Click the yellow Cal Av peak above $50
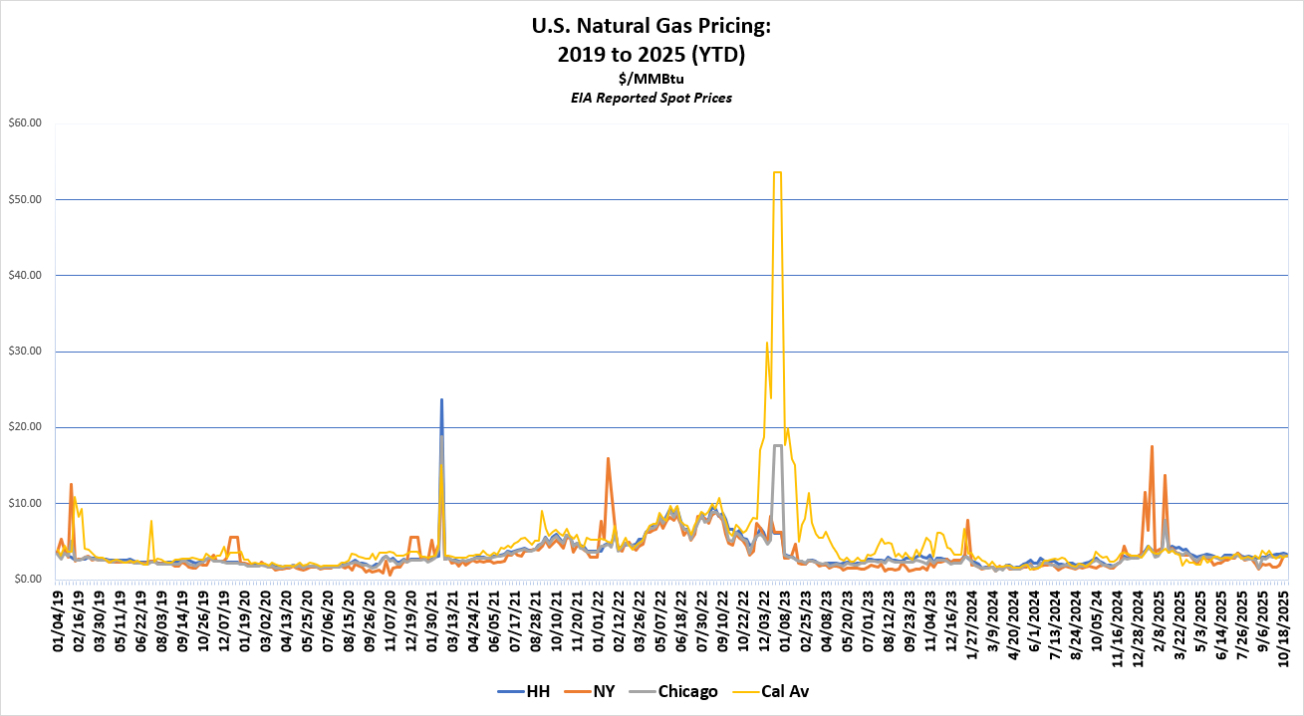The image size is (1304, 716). [x=777, y=172]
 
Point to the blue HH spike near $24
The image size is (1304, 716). [x=441, y=400]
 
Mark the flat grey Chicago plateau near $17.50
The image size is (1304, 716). [x=777, y=445]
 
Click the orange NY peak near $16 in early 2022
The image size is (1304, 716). [x=608, y=459]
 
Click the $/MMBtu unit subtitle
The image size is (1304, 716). [x=652, y=79]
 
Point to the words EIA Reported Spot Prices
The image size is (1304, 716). [x=652, y=98]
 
